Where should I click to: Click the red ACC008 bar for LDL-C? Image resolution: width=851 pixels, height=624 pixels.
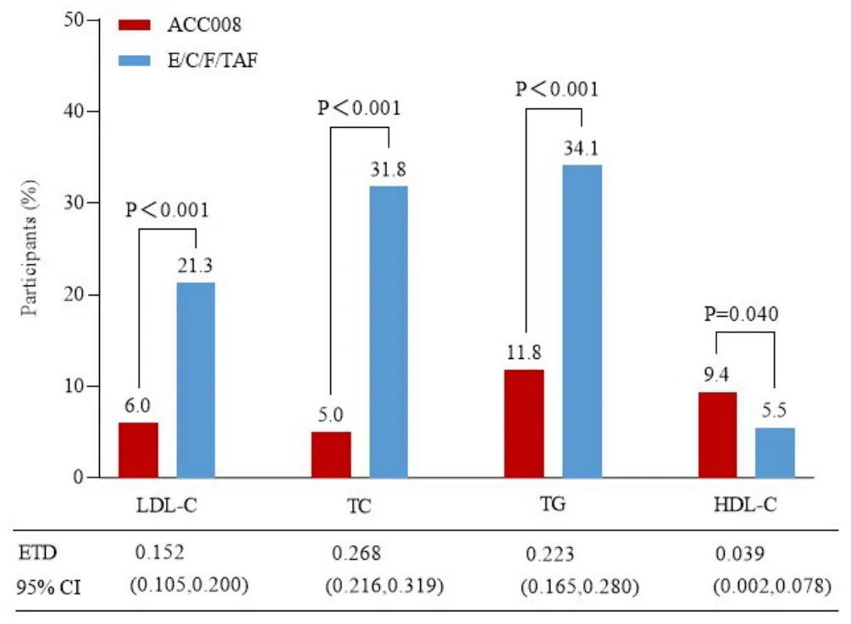click(x=138, y=450)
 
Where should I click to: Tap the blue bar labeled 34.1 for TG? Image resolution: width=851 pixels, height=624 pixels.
click(x=582, y=321)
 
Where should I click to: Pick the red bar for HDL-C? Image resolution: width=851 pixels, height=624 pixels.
click(x=717, y=434)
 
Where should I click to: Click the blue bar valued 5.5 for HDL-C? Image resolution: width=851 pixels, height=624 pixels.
click(x=775, y=452)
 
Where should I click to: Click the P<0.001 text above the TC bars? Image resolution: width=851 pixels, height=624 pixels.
click(x=358, y=108)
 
